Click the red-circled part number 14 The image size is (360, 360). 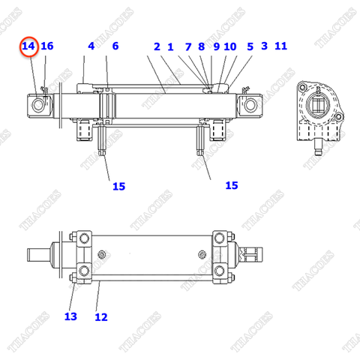[28, 46]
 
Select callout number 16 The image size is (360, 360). [47, 46]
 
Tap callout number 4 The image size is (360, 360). [91, 46]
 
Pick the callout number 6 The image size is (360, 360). [115, 46]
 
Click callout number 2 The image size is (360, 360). [157, 46]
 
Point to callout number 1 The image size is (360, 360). [170, 46]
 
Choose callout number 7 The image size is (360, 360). [188, 46]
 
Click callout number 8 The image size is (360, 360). [201, 46]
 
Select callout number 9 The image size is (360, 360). [216, 46]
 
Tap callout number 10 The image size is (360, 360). [230, 46]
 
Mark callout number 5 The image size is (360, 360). [250, 46]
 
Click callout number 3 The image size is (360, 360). [264, 46]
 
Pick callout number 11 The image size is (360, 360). [281, 46]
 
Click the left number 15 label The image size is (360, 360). [118, 186]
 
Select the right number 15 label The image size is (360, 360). [232, 184]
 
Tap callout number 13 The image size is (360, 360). [70, 316]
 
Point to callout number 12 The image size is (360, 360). [101, 317]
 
